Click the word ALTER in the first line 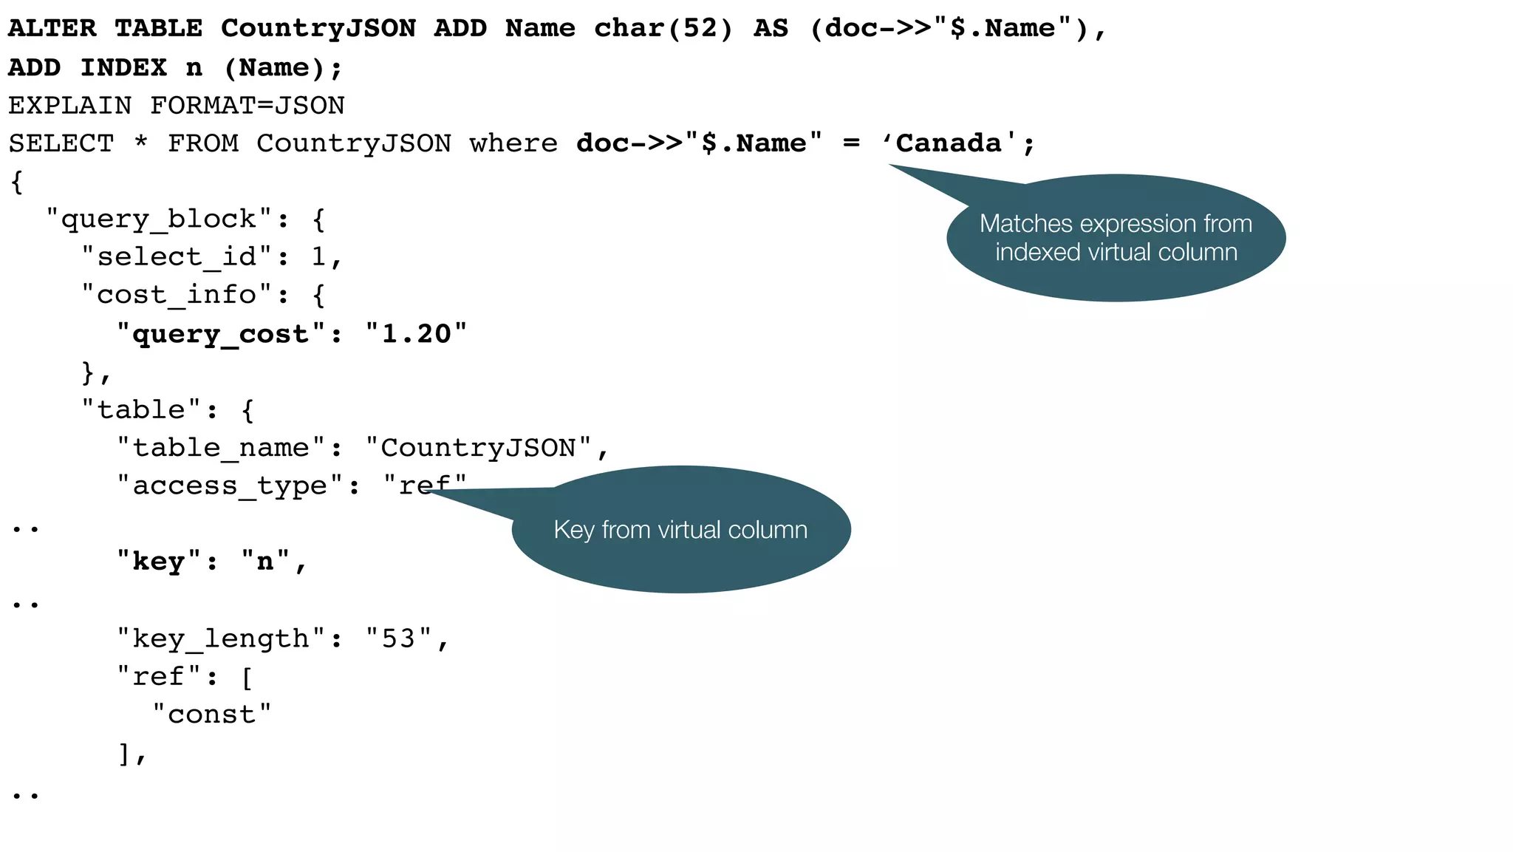point(52,29)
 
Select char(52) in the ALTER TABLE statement point(663,29)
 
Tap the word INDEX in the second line point(123,68)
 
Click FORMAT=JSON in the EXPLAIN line point(247,106)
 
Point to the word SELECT point(61,143)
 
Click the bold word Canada point(948,143)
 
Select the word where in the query point(513,143)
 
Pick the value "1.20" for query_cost point(417,334)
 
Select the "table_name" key point(221,448)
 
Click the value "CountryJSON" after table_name point(478,448)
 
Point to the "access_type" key point(230,486)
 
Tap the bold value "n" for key point(265,562)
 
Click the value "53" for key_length point(399,638)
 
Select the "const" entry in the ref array point(212,715)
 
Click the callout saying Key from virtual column point(680,530)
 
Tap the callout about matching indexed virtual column point(1116,238)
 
